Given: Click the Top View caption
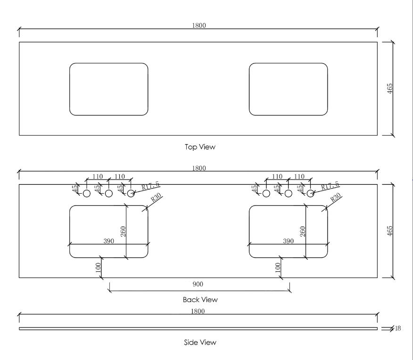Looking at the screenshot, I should [200, 147].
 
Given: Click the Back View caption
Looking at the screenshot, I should [200, 300].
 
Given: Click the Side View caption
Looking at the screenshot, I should [200, 342].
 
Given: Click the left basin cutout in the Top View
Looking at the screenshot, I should [109, 90].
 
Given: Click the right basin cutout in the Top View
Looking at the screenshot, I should [288, 90].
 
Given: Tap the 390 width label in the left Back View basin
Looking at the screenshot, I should [109, 241].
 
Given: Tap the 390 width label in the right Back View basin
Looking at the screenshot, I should [288, 241].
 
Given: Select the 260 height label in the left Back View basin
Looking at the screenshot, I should [123, 231].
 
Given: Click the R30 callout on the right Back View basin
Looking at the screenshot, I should [336, 198].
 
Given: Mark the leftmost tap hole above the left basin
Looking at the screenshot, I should [87, 194].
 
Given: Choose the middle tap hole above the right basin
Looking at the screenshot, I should [288, 194].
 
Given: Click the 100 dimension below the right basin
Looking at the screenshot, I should [278, 268].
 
